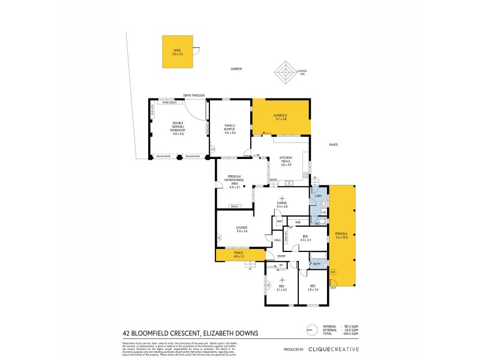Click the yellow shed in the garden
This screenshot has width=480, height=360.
tap(177, 52)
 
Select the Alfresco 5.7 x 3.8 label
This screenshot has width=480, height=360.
tap(280, 118)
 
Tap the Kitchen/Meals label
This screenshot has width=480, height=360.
tap(286, 161)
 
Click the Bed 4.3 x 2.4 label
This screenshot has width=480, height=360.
tap(305, 238)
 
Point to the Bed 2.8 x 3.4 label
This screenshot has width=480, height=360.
tap(313, 287)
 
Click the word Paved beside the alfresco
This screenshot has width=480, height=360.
tap(335, 145)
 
